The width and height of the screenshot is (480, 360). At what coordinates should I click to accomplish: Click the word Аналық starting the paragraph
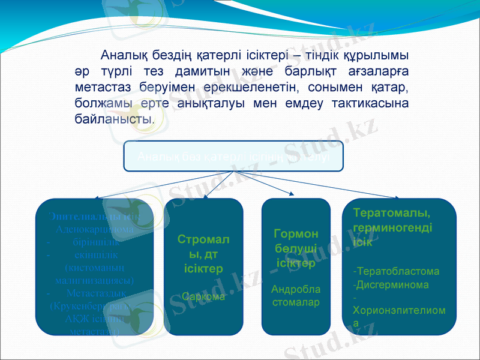pos(124,56)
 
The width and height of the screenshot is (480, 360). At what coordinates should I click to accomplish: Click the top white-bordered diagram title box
pos(233,156)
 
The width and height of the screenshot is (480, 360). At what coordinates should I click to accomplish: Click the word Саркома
pos(203,296)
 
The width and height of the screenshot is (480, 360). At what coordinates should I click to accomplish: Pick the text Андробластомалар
pos(296,296)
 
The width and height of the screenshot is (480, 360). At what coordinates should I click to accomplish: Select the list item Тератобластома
pos(397,271)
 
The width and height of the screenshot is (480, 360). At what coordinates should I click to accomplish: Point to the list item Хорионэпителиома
pos(399,311)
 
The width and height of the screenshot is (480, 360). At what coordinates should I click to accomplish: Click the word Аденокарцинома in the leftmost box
pos(94,229)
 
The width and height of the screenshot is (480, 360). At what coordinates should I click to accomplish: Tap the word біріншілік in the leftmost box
pos(94,243)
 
